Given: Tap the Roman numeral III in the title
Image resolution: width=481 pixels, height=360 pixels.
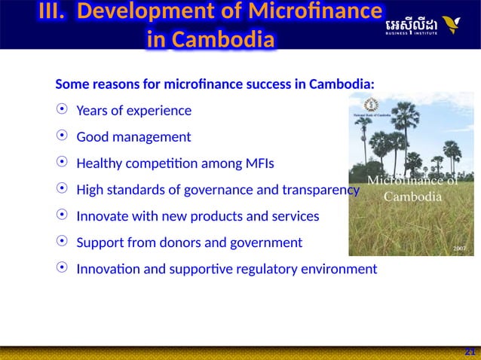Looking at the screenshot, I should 54,13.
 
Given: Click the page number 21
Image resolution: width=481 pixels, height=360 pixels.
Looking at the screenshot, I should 470,352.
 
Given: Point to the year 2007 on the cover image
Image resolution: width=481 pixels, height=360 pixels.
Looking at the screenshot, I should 460,247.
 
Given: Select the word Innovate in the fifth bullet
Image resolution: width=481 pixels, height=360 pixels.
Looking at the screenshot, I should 101,216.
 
